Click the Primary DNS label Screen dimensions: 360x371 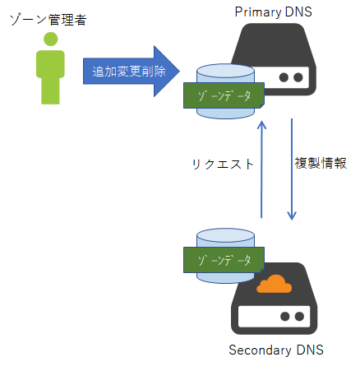[x=273, y=12]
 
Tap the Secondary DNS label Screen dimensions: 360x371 [x=276, y=350]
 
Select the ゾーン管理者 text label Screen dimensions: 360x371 [x=48, y=20]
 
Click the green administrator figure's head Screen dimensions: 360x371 [x=51, y=39]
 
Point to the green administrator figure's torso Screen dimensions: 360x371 [x=50, y=64]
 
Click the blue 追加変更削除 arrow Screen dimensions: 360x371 [x=132, y=72]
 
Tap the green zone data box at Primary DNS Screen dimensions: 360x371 [x=224, y=95]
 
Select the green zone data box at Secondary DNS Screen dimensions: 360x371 [x=224, y=260]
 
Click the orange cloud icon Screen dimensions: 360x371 [x=274, y=284]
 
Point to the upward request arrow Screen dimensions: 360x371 [x=262, y=169]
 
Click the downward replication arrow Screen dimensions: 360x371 [x=292, y=169]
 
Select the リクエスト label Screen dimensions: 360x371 [x=223, y=165]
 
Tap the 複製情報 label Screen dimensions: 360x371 [x=321, y=163]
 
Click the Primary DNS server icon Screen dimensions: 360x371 [x=274, y=59]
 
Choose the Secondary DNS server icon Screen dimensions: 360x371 [x=274, y=299]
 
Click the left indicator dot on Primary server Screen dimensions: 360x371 [x=284, y=77]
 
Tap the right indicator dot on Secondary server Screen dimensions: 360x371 [x=299, y=317]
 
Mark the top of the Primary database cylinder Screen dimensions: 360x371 [x=225, y=71]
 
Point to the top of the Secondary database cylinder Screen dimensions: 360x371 [x=225, y=235]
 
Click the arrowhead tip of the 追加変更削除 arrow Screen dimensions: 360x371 [x=180, y=72]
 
